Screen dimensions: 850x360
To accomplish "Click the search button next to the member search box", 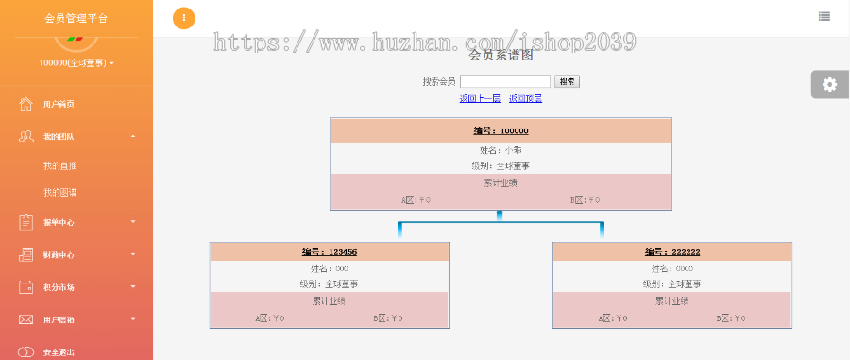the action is [567, 82].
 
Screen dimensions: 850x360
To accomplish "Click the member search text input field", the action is [505, 82].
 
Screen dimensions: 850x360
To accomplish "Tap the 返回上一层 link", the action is [480, 98].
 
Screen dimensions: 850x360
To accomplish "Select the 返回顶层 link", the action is [525, 98].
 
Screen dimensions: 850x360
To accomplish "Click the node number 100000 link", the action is [501, 131].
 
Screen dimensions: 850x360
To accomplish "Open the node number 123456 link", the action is [330, 252].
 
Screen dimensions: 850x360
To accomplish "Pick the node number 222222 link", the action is [672, 252].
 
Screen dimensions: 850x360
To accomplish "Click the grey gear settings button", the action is [829, 84].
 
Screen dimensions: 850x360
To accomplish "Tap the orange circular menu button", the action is [184, 18].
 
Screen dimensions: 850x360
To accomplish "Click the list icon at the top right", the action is [824, 16].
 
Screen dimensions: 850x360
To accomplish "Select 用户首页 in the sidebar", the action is [59, 105].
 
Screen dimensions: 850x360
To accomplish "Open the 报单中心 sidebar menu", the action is [59, 223].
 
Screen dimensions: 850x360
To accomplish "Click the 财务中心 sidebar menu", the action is [59, 255].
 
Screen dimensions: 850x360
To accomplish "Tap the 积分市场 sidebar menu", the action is [59, 287].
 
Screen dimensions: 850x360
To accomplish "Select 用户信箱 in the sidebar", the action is [59, 320].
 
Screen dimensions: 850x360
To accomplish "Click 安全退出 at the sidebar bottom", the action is [59, 352].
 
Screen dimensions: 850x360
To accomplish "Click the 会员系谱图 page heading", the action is [501, 55].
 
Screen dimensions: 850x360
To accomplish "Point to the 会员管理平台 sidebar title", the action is [76, 18].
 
